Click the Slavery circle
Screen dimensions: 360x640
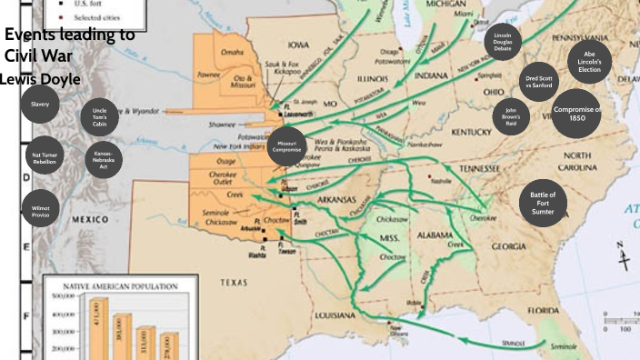pyautogui.click(x=40, y=105)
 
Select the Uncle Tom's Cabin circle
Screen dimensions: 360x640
pyautogui.click(x=99, y=117)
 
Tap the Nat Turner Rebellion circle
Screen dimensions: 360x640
pyautogui.click(x=43, y=156)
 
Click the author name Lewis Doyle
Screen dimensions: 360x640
pyautogui.click(x=40, y=79)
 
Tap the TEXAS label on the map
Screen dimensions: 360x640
pyautogui.click(x=233, y=283)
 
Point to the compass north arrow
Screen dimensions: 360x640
pyautogui.click(x=623, y=255)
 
